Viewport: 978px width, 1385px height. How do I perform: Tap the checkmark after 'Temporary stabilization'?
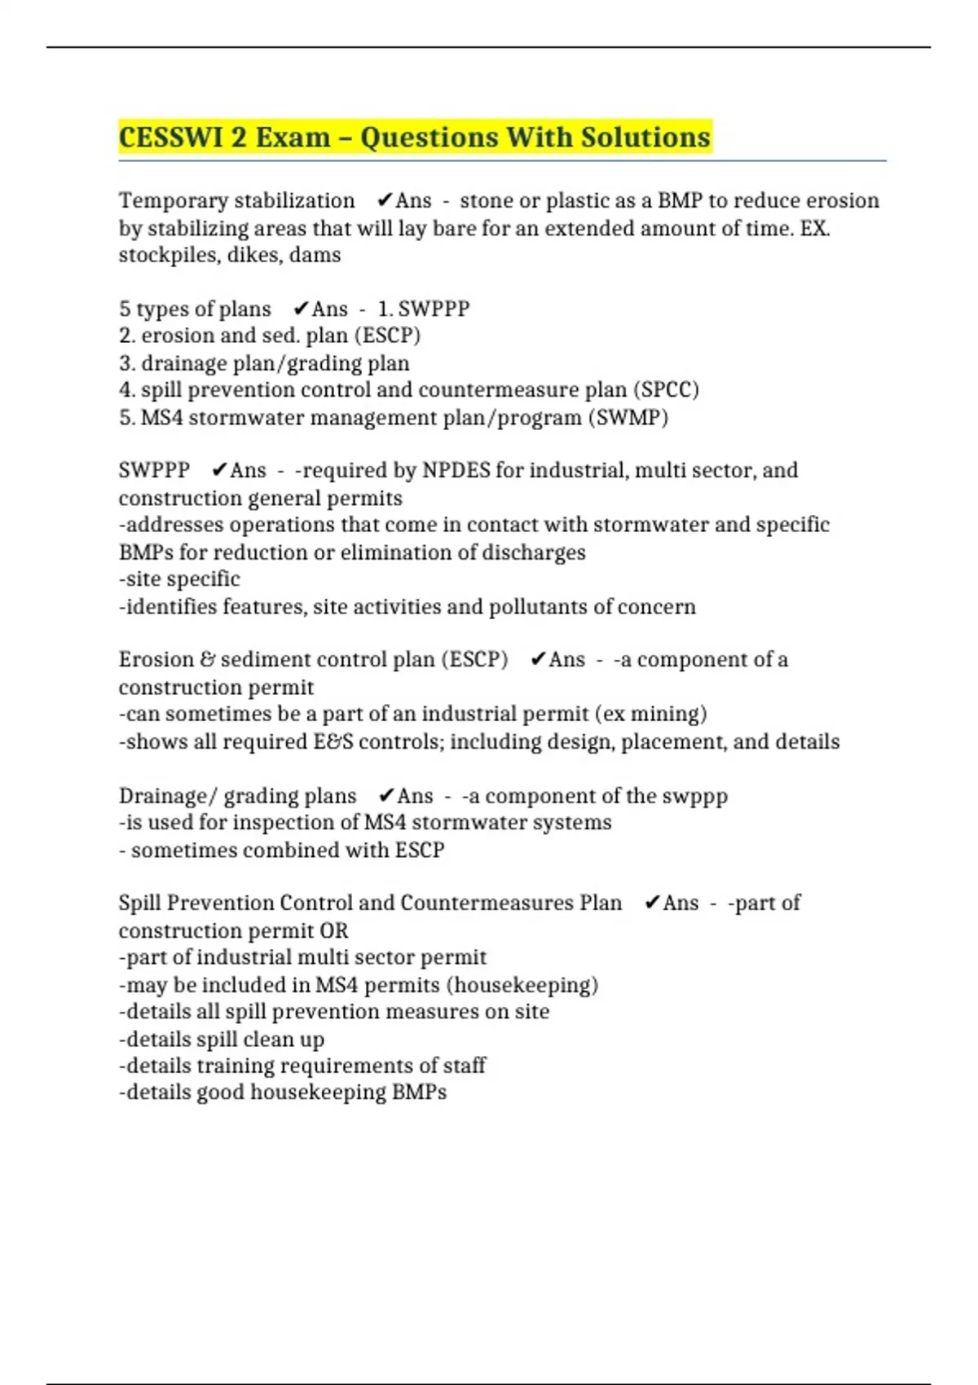(385, 200)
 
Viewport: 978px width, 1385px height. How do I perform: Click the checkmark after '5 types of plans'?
(301, 309)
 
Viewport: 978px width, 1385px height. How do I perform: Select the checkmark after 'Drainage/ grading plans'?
(386, 795)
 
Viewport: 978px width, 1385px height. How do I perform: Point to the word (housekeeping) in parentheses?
(522, 984)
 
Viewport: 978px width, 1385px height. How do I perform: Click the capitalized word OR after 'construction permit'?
(334, 930)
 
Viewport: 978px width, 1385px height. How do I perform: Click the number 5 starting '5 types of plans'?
(125, 309)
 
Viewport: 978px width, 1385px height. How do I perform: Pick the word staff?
(464, 1065)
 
